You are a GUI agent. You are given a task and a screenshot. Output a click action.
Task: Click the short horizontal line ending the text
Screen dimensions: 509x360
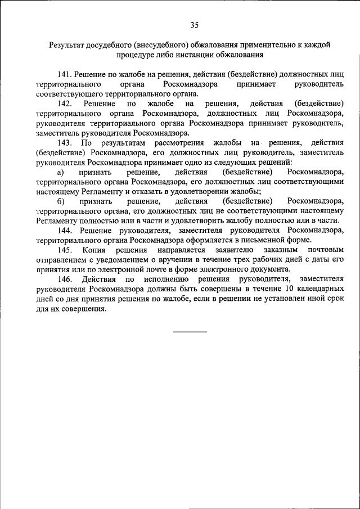(190, 331)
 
